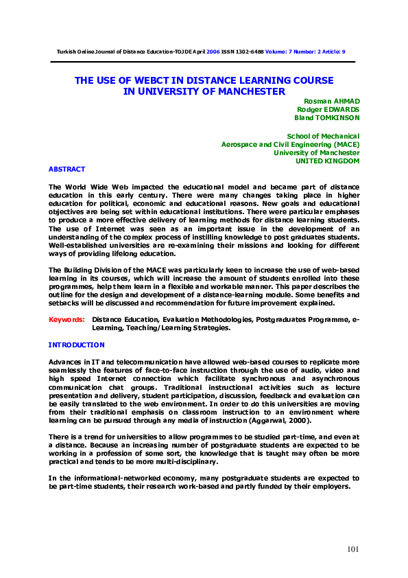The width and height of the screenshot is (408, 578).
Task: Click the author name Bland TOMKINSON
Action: pyautogui.click(x=326, y=117)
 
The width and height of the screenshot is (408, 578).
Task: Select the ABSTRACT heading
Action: pyautogui.click(x=67, y=169)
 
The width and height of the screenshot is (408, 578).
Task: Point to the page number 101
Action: pyautogui.click(x=352, y=548)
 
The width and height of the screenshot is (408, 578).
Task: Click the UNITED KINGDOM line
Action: pyautogui.click(x=327, y=161)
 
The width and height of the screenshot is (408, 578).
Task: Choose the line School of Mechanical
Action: pyautogui.click(x=323, y=136)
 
